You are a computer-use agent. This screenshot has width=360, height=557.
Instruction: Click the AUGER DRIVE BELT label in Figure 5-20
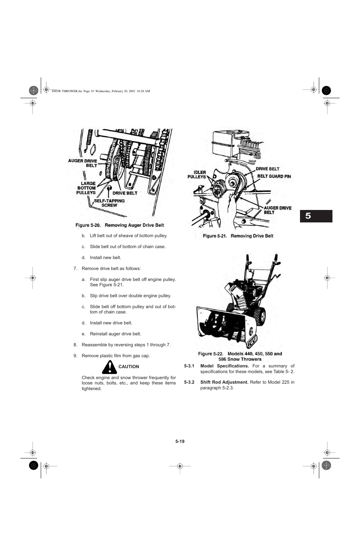(83, 163)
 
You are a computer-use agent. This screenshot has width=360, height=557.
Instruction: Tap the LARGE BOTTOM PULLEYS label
(86, 188)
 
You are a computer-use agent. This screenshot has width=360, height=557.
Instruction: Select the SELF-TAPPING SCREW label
(109, 203)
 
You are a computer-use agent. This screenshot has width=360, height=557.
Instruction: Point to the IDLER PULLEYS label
(197, 174)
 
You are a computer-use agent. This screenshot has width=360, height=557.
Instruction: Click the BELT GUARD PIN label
(274, 176)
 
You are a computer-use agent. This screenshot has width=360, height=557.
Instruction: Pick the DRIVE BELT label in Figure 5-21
(268, 169)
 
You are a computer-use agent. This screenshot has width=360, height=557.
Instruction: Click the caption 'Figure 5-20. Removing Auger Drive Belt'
(120, 225)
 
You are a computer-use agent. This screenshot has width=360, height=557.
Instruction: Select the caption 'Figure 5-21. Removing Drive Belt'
(238, 236)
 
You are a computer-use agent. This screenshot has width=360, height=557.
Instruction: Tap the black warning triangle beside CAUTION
(109, 367)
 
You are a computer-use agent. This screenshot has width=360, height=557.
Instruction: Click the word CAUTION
(129, 367)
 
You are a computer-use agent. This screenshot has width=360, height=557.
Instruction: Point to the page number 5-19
(180, 441)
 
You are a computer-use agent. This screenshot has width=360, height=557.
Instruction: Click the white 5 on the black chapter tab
(308, 216)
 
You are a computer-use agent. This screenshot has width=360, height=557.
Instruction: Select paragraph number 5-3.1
(189, 366)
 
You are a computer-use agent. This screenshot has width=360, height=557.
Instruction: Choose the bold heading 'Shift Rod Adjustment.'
(224, 382)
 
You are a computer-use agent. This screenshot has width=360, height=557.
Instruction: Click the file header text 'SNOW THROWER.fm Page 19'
(72, 91)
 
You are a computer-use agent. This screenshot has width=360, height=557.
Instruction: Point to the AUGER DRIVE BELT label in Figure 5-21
(277, 210)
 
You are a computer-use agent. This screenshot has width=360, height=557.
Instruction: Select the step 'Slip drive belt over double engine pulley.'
(130, 296)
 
